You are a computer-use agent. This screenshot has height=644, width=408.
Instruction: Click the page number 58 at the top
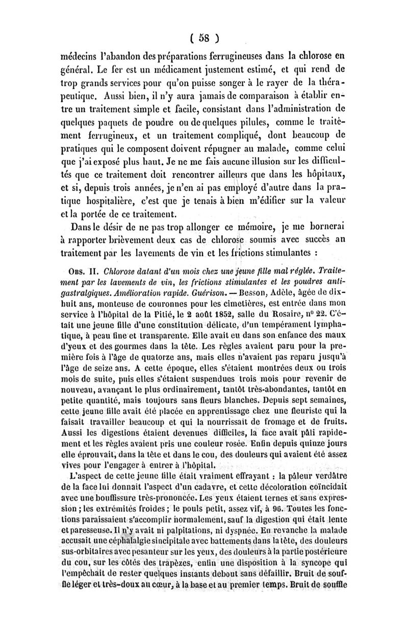click(204, 37)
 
